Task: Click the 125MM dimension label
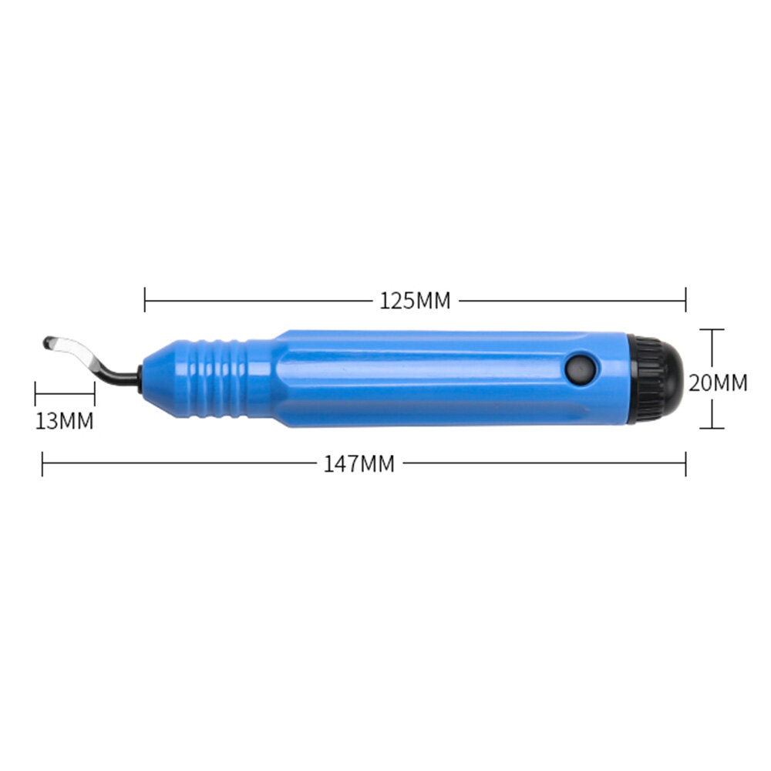click(x=415, y=301)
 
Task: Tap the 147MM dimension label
click(x=359, y=463)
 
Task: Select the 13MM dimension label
click(x=65, y=421)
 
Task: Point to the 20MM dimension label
click(x=718, y=382)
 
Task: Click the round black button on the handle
click(x=581, y=369)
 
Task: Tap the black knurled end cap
click(x=655, y=379)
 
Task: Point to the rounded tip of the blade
click(x=47, y=342)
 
